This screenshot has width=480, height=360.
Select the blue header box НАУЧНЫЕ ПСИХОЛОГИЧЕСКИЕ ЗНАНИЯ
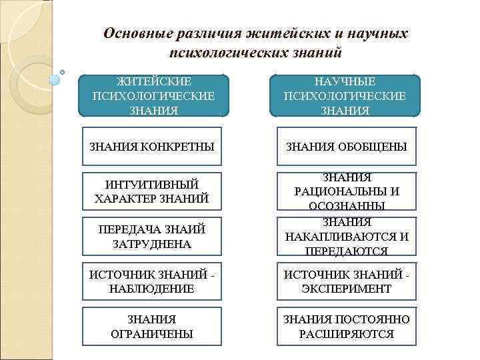tap(345, 95)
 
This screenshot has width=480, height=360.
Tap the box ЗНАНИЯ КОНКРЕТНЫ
tap(153, 146)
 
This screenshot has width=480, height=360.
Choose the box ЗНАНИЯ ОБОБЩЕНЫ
tap(346, 146)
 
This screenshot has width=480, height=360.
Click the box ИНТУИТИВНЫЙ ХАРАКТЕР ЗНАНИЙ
tap(153, 191)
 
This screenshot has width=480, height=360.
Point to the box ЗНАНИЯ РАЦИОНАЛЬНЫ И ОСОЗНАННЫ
tap(346, 191)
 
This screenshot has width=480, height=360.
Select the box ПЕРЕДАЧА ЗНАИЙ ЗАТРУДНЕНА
tap(153, 236)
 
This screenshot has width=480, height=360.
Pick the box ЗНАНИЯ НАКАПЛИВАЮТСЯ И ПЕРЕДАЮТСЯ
tap(346, 236)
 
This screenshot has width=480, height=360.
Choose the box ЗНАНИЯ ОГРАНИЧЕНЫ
tap(153, 327)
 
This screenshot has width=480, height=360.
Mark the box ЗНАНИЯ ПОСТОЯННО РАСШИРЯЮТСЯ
tap(346, 327)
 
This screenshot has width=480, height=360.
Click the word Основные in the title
tap(136, 33)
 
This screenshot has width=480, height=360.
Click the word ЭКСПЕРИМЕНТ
tap(346, 289)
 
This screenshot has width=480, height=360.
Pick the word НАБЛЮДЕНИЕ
tap(153, 289)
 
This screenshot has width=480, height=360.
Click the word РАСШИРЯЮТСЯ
tap(346, 334)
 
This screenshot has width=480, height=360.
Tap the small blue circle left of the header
tap(55, 79)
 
